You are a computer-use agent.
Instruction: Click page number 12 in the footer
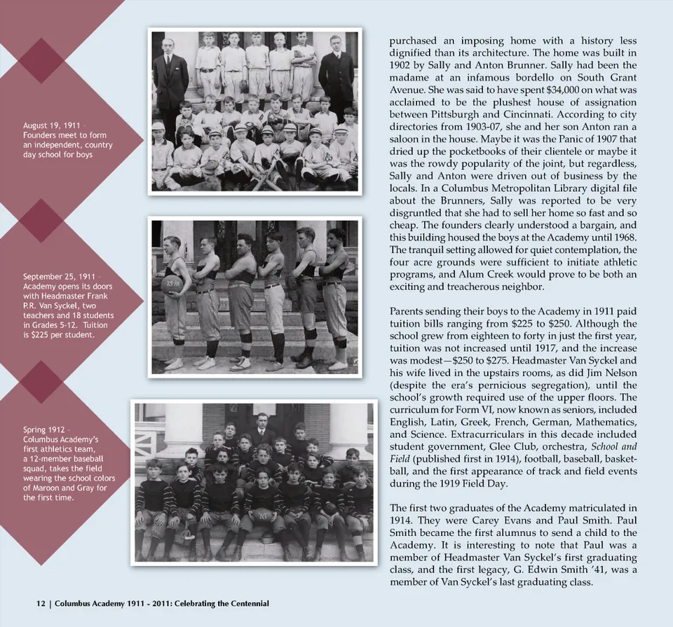coord(41,603)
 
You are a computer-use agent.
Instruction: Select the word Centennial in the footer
coord(245,603)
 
